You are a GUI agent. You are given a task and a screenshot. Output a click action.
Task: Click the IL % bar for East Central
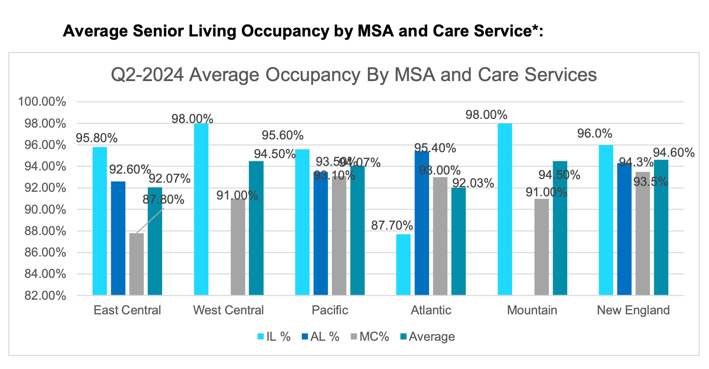100,221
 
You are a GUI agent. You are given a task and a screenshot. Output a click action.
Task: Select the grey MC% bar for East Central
136,264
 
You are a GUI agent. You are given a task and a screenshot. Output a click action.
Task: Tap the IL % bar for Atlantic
404,265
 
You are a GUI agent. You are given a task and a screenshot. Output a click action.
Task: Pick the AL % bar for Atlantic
422,223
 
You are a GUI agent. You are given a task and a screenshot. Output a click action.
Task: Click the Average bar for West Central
256,228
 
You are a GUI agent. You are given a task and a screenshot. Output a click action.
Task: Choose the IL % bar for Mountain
505,209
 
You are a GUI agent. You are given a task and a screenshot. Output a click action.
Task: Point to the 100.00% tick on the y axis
41,102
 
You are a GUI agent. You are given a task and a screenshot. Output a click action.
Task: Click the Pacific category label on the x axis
330,310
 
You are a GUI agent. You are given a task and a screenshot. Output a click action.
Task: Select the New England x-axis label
633,310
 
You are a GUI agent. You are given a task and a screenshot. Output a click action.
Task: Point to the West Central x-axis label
228,310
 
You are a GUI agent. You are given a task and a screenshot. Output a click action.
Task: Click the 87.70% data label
392,225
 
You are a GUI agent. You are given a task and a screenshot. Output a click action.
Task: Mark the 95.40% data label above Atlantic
435,148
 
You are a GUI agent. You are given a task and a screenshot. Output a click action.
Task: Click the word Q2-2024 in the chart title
148,75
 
